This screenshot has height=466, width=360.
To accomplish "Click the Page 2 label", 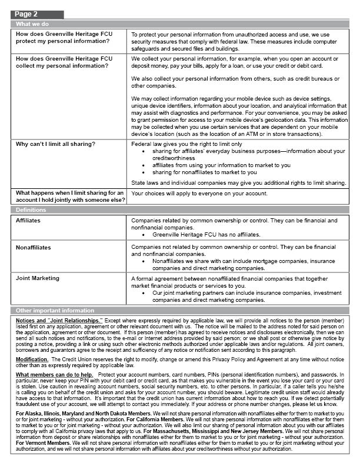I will (x=26, y=14).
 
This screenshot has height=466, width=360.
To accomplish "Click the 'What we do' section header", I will (x=32, y=24).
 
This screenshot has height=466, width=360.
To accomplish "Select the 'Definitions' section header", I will (x=31, y=209).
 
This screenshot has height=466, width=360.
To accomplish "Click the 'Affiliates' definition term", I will (x=29, y=220).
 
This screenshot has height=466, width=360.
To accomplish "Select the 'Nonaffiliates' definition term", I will (x=34, y=248).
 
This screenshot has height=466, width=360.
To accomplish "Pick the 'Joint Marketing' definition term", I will (x=38, y=277).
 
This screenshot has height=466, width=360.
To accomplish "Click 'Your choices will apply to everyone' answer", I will (x=199, y=193).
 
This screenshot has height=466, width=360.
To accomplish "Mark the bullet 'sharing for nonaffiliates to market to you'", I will (x=204, y=172).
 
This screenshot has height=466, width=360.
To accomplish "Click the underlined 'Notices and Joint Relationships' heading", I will (x=59, y=319).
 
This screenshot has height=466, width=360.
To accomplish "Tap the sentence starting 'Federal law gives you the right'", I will (x=186, y=144).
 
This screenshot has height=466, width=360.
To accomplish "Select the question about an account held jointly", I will (x=69, y=197).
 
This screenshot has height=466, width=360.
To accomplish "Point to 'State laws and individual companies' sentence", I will (x=238, y=183).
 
